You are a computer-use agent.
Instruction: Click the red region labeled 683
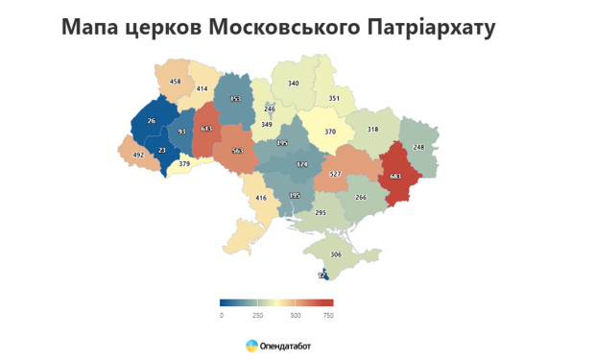395,176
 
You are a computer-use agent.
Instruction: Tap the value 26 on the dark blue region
152,121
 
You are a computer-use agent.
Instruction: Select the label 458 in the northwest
175,82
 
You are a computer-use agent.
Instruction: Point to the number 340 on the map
294,84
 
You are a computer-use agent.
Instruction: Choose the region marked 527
335,174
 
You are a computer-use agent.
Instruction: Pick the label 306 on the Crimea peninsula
336,254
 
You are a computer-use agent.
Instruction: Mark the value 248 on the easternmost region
418,147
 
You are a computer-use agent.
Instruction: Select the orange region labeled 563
237,151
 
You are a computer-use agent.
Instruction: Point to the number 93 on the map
181,132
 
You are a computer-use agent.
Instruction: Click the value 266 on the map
361,197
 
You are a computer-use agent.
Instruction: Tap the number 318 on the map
373,130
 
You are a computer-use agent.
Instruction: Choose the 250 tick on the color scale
258,315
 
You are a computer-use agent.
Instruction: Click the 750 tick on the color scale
327,315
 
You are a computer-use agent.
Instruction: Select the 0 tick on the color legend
221,315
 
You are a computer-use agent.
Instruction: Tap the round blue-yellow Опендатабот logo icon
251,345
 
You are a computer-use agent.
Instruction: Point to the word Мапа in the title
92,27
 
